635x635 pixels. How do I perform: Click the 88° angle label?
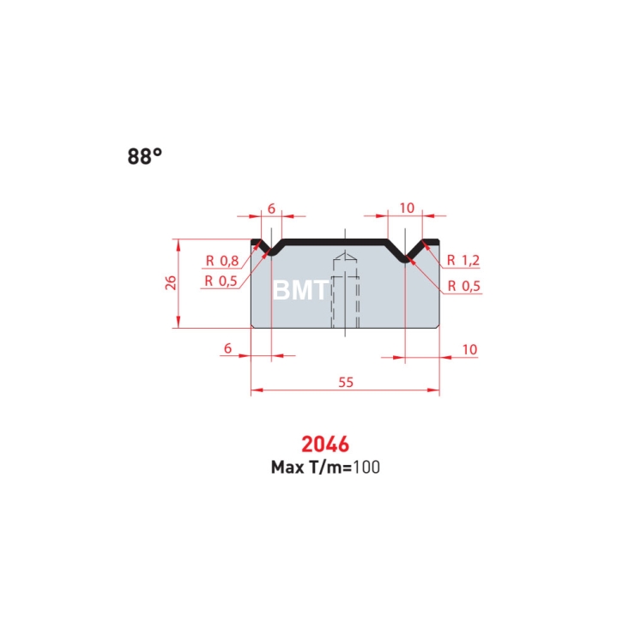[x=144, y=156]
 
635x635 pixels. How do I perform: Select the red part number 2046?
[x=324, y=444]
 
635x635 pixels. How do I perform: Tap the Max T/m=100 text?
[x=325, y=468]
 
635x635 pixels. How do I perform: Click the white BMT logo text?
[x=300, y=290]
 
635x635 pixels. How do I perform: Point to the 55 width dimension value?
[x=346, y=382]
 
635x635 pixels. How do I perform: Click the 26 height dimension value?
[x=171, y=282]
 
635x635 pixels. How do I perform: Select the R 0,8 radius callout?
[x=222, y=261]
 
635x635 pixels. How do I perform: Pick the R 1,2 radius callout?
[x=463, y=260]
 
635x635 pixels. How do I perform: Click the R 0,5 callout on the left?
[x=221, y=281]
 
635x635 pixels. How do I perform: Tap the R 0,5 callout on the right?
[x=463, y=287]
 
